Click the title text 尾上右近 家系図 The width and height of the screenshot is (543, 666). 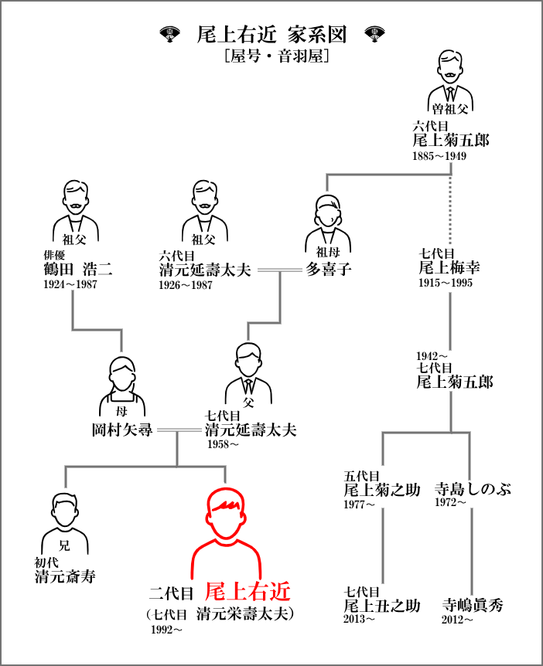(x=271, y=35)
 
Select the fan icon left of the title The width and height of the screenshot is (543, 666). (x=169, y=34)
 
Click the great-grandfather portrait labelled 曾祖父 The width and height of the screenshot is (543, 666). (x=451, y=83)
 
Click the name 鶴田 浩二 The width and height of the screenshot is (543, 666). (x=78, y=270)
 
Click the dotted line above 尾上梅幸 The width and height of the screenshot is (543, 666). (x=451, y=205)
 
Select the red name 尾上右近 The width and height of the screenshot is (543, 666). (x=248, y=592)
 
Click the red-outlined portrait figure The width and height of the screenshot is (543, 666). (x=225, y=533)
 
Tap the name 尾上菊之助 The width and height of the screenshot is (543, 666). (x=382, y=489)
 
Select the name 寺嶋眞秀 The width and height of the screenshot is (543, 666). (x=473, y=605)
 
